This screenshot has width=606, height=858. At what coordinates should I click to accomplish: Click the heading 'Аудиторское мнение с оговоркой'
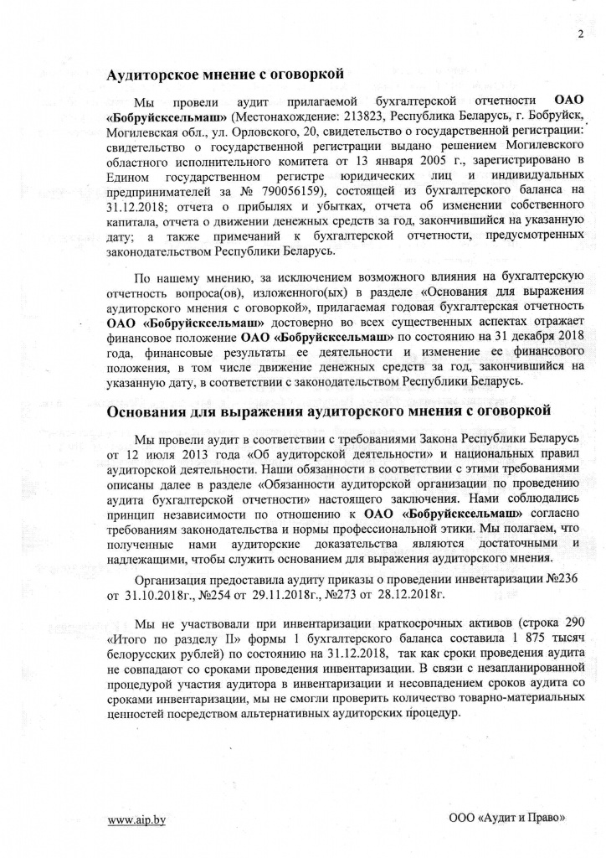(226, 75)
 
